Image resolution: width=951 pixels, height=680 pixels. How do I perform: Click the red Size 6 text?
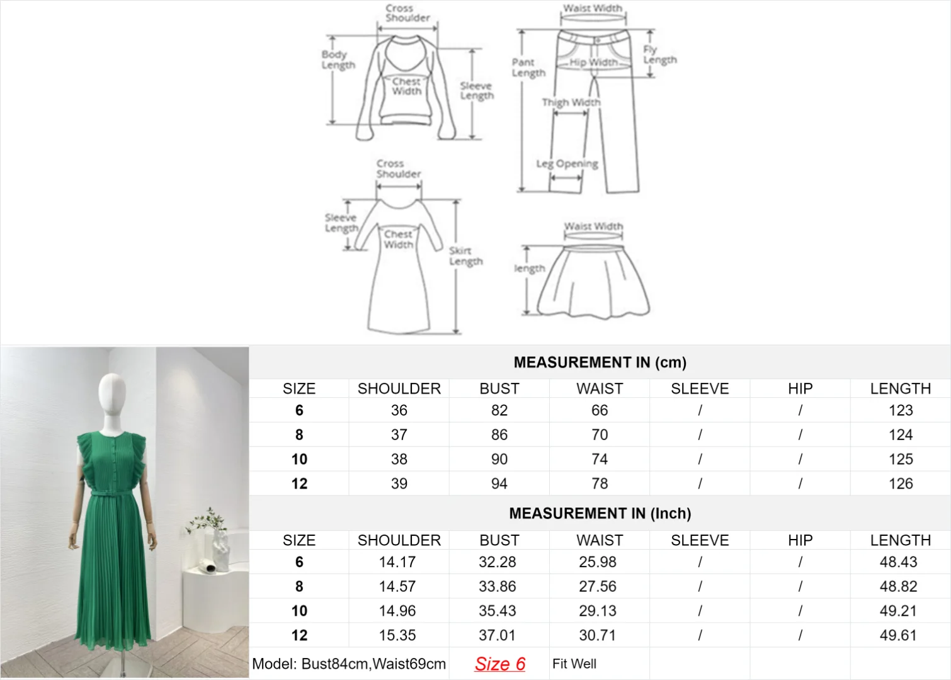(x=499, y=664)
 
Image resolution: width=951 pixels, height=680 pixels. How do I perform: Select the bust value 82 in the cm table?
(x=499, y=411)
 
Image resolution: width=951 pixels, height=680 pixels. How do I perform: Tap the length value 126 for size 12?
(x=901, y=484)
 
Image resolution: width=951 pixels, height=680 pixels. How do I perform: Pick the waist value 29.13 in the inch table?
(x=597, y=611)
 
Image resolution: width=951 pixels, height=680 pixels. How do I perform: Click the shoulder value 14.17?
(x=397, y=562)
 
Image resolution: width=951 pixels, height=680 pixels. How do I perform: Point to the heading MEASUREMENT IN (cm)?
(x=600, y=363)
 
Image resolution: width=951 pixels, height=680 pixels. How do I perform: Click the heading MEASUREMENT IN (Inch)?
(x=600, y=514)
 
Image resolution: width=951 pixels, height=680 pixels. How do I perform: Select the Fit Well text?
(x=574, y=664)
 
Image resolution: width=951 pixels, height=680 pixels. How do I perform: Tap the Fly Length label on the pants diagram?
(x=660, y=55)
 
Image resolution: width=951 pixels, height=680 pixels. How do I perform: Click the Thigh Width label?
(x=571, y=102)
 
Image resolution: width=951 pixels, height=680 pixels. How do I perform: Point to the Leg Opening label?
(x=567, y=164)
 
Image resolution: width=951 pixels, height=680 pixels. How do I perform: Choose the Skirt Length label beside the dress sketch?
(x=465, y=256)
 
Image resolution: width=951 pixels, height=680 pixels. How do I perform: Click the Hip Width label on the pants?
(x=593, y=62)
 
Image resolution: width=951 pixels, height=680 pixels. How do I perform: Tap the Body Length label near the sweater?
(x=338, y=60)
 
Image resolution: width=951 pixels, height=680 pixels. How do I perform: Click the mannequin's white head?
(x=112, y=395)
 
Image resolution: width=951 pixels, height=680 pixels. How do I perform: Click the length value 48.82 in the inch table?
(x=898, y=586)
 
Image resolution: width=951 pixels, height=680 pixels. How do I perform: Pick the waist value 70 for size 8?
(x=600, y=434)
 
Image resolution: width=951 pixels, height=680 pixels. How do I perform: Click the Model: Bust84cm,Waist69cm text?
(x=349, y=664)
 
